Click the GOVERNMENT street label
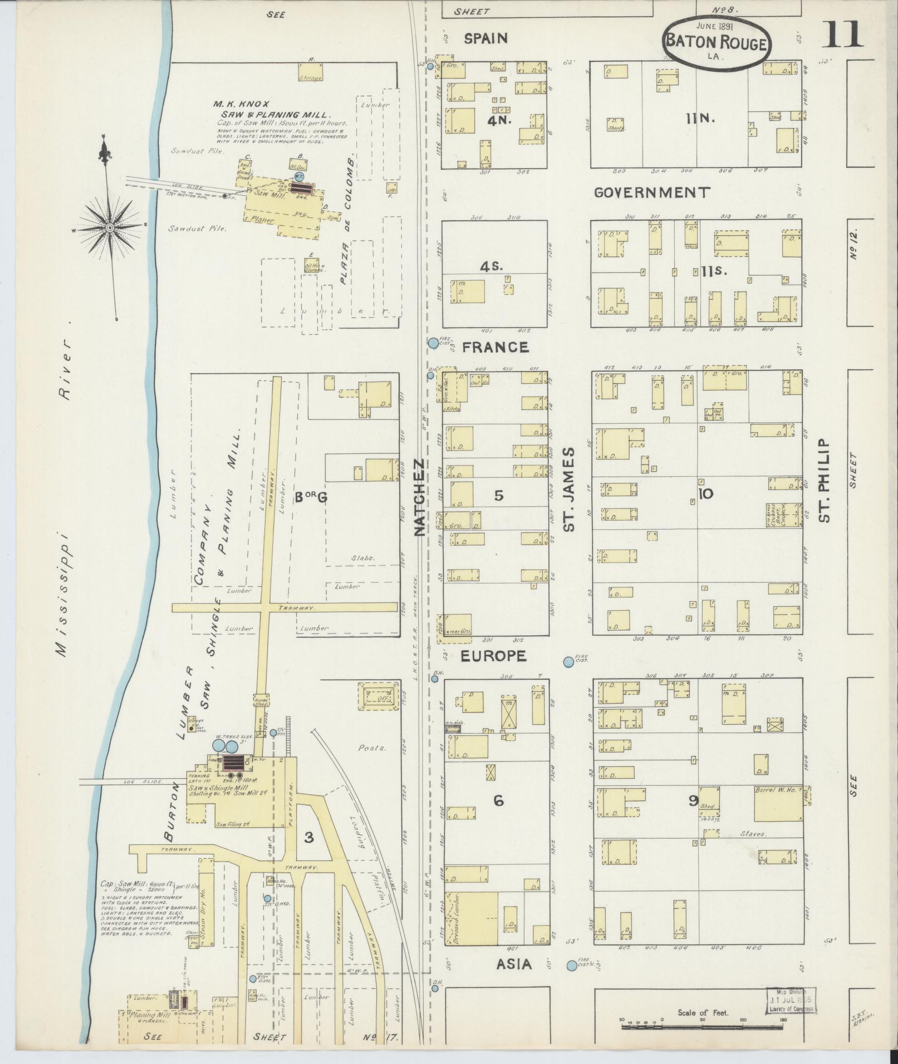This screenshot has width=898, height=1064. coord(652,192)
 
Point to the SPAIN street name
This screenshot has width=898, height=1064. coord(486,38)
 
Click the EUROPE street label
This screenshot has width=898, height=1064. coord(493,656)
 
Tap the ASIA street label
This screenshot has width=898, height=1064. coord(514,964)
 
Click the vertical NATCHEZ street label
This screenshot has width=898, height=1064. coord(420,497)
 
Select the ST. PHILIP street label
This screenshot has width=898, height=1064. coord(825,481)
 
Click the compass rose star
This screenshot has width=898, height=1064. coord(110,227)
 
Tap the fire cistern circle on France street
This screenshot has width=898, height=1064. coord(433,343)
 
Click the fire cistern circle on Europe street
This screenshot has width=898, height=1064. coord(568,662)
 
